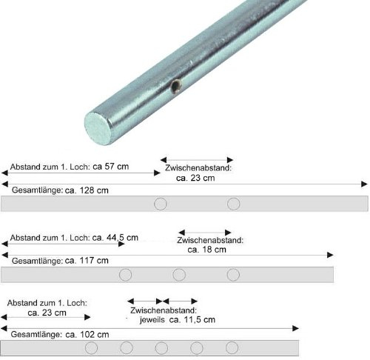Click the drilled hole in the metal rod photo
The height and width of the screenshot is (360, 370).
tap(175, 87)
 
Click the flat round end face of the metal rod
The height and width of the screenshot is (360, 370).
tap(98, 127)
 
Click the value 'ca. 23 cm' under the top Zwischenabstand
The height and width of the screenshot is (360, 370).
tap(195, 178)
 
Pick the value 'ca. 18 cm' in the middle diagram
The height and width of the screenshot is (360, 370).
tap(208, 250)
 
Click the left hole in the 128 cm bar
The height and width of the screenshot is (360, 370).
tap(160, 204)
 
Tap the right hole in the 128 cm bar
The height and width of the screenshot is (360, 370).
tap(234, 204)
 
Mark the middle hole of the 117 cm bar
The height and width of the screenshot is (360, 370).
tap(179, 275)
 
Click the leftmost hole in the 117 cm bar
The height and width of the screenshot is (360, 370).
tap(125, 275)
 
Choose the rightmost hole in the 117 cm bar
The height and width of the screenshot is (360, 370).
tap(233, 275)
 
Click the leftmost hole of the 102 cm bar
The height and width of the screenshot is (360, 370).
tap(91, 347)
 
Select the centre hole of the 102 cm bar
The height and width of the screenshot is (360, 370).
tap(161, 347)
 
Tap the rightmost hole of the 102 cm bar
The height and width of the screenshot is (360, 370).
tap(232, 347)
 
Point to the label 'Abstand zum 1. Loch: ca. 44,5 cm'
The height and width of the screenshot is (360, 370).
tap(74, 238)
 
